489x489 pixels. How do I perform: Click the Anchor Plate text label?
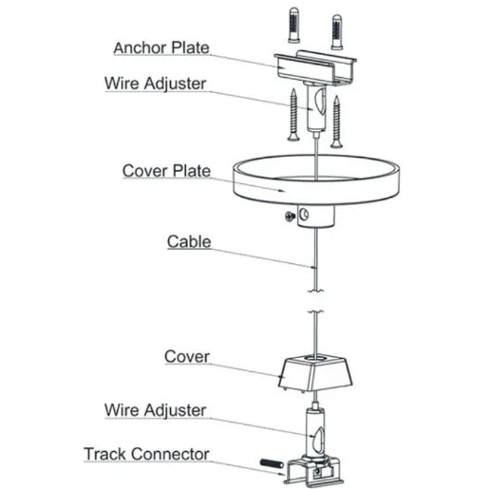(x=160, y=47)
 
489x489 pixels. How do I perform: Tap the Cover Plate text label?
(x=165, y=172)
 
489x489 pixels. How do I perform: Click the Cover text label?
(x=187, y=357)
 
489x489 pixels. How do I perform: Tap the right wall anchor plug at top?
(x=336, y=30)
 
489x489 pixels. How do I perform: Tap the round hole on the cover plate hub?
(x=304, y=216)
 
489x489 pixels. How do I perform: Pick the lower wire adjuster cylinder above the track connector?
(x=312, y=432)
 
